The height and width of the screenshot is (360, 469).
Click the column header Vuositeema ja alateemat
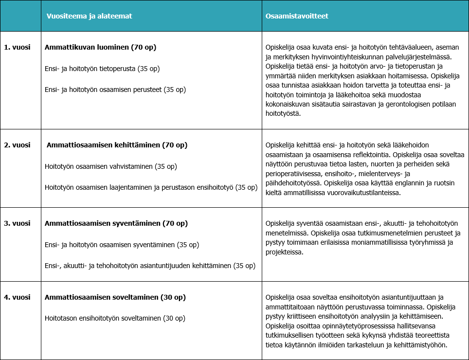pos(89,16)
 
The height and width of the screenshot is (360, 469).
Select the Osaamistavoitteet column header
pos(297,16)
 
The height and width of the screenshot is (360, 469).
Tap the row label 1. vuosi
pos(17,47)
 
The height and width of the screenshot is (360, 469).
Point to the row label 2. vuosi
pos(17,145)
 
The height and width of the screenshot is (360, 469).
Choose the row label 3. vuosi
pos(17,223)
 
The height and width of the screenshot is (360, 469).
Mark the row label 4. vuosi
pos(17,297)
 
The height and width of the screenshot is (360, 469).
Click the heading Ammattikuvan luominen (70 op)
pos(100,47)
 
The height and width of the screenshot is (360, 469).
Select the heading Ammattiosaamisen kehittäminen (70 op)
pos(117,145)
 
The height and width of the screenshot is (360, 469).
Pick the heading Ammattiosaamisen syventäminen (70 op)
pos(116,223)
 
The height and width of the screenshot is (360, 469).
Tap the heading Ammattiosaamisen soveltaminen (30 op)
pos(115,297)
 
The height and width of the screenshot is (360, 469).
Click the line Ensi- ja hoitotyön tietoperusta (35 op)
pos(102,69)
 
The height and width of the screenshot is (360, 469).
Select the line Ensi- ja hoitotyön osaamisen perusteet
pos(115,90)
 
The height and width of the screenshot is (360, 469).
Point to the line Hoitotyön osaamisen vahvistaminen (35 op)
pos(110,166)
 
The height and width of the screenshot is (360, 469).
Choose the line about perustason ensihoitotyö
pos(151,187)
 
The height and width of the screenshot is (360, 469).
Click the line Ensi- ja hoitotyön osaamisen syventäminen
pos(122,244)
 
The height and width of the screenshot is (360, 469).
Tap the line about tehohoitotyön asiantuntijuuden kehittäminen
pos(150,266)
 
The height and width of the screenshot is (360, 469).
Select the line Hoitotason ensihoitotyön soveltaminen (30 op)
pos(115,318)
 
